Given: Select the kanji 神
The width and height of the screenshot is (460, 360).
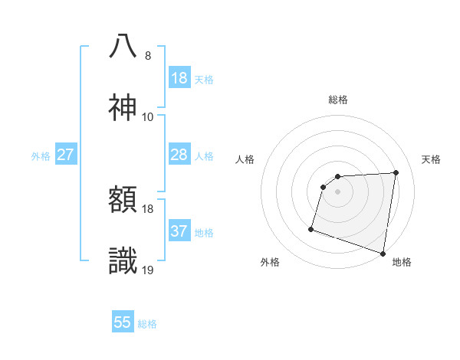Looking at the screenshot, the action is (x=123, y=108).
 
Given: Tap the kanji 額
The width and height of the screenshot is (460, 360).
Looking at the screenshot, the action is (x=123, y=201).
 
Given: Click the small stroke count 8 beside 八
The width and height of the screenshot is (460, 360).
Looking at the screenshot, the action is (x=148, y=56).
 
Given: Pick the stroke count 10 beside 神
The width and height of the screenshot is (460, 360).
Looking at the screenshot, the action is (x=148, y=117).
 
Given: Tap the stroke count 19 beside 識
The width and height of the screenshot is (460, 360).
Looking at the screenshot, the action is (x=148, y=270).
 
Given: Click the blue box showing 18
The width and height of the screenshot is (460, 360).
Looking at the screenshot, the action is (x=179, y=78).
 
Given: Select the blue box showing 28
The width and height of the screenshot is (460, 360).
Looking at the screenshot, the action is (x=179, y=155).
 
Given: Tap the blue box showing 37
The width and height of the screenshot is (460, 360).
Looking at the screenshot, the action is (x=179, y=231).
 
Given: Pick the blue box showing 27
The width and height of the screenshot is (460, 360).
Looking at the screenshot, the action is (x=66, y=155).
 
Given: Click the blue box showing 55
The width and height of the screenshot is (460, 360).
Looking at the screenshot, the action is (x=123, y=322).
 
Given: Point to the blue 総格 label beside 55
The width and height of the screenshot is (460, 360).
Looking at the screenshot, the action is (x=147, y=324).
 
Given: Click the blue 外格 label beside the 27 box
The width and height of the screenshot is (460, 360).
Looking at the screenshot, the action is (x=41, y=156).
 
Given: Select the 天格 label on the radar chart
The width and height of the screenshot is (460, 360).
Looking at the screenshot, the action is (x=431, y=159).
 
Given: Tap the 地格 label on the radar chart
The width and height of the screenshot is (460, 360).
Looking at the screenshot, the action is (x=402, y=262).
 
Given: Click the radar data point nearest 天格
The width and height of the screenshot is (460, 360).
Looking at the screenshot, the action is (x=396, y=173).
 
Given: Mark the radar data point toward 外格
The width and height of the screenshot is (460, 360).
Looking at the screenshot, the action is (x=311, y=228).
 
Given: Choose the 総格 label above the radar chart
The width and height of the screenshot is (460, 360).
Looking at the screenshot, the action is (x=338, y=100).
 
